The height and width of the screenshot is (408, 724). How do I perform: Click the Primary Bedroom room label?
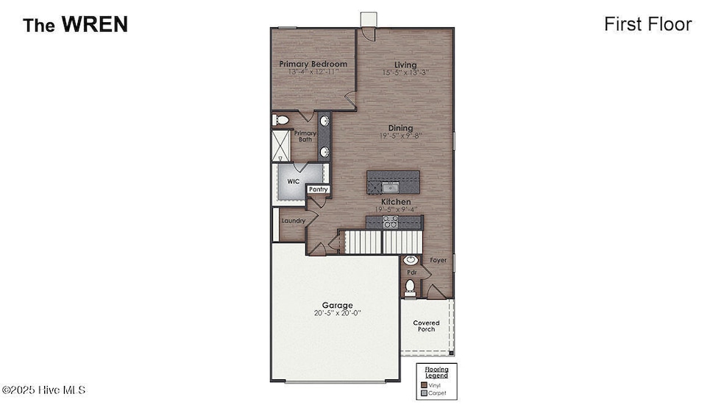pyautogui.click(x=313, y=64)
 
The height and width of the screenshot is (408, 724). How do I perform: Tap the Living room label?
pyautogui.click(x=405, y=64)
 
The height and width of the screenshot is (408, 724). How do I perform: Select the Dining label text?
pyautogui.click(x=401, y=128)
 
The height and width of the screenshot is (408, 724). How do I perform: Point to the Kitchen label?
pyautogui.click(x=396, y=202)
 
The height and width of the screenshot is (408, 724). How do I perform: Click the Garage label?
pyautogui.click(x=337, y=305)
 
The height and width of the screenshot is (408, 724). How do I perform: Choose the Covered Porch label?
pyautogui.click(x=426, y=326)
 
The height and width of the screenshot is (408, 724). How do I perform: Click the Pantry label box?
pyautogui.click(x=318, y=189)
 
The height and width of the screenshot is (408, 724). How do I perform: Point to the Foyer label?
pyautogui.click(x=439, y=260)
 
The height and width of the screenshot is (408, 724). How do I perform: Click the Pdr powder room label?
pyautogui.click(x=412, y=272)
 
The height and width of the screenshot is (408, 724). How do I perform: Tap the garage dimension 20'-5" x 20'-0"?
pyautogui.click(x=337, y=314)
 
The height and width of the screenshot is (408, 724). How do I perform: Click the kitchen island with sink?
pyautogui.click(x=394, y=181)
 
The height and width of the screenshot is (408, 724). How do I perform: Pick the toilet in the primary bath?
pyautogui.click(x=280, y=119)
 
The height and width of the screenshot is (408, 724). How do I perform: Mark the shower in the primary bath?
pyautogui.click(x=281, y=146)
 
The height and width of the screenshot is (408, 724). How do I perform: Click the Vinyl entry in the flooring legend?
pyautogui.click(x=436, y=384)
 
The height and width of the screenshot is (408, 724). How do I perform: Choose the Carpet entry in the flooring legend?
pyautogui.click(x=436, y=393)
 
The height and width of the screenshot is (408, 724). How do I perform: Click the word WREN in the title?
pyautogui.click(x=94, y=24)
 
